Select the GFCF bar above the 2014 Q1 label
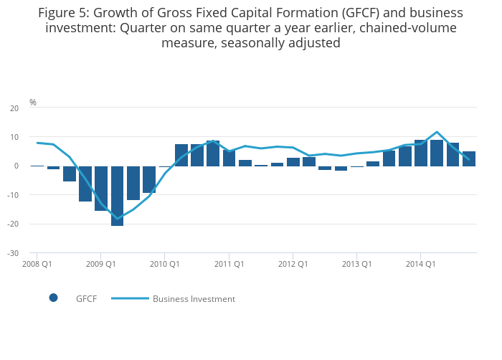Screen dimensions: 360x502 (x=421, y=153)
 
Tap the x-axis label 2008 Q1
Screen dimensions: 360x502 (x=37, y=264)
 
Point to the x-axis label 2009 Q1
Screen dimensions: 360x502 (x=100, y=264)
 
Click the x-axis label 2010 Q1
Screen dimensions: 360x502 (x=165, y=264)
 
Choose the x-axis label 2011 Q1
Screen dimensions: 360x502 (x=229, y=264)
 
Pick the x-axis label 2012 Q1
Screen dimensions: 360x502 (x=293, y=264)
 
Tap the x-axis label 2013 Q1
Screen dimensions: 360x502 (x=356, y=264)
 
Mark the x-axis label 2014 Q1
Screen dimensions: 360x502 (x=421, y=264)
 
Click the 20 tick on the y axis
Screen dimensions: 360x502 (x=14, y=108)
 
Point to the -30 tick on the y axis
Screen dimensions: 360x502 (x=13, y=253)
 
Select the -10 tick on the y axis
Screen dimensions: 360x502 (x=13, y=195)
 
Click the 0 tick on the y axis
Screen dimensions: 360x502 (x=16, y=166)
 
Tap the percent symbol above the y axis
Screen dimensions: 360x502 (x=32, y=103)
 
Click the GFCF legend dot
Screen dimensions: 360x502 (x=53, y=298)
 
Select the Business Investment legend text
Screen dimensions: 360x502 (x=194, y=299)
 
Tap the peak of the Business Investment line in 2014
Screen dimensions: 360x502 (x=437, y=132)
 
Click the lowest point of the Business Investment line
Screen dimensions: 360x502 (x=117, y=219)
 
